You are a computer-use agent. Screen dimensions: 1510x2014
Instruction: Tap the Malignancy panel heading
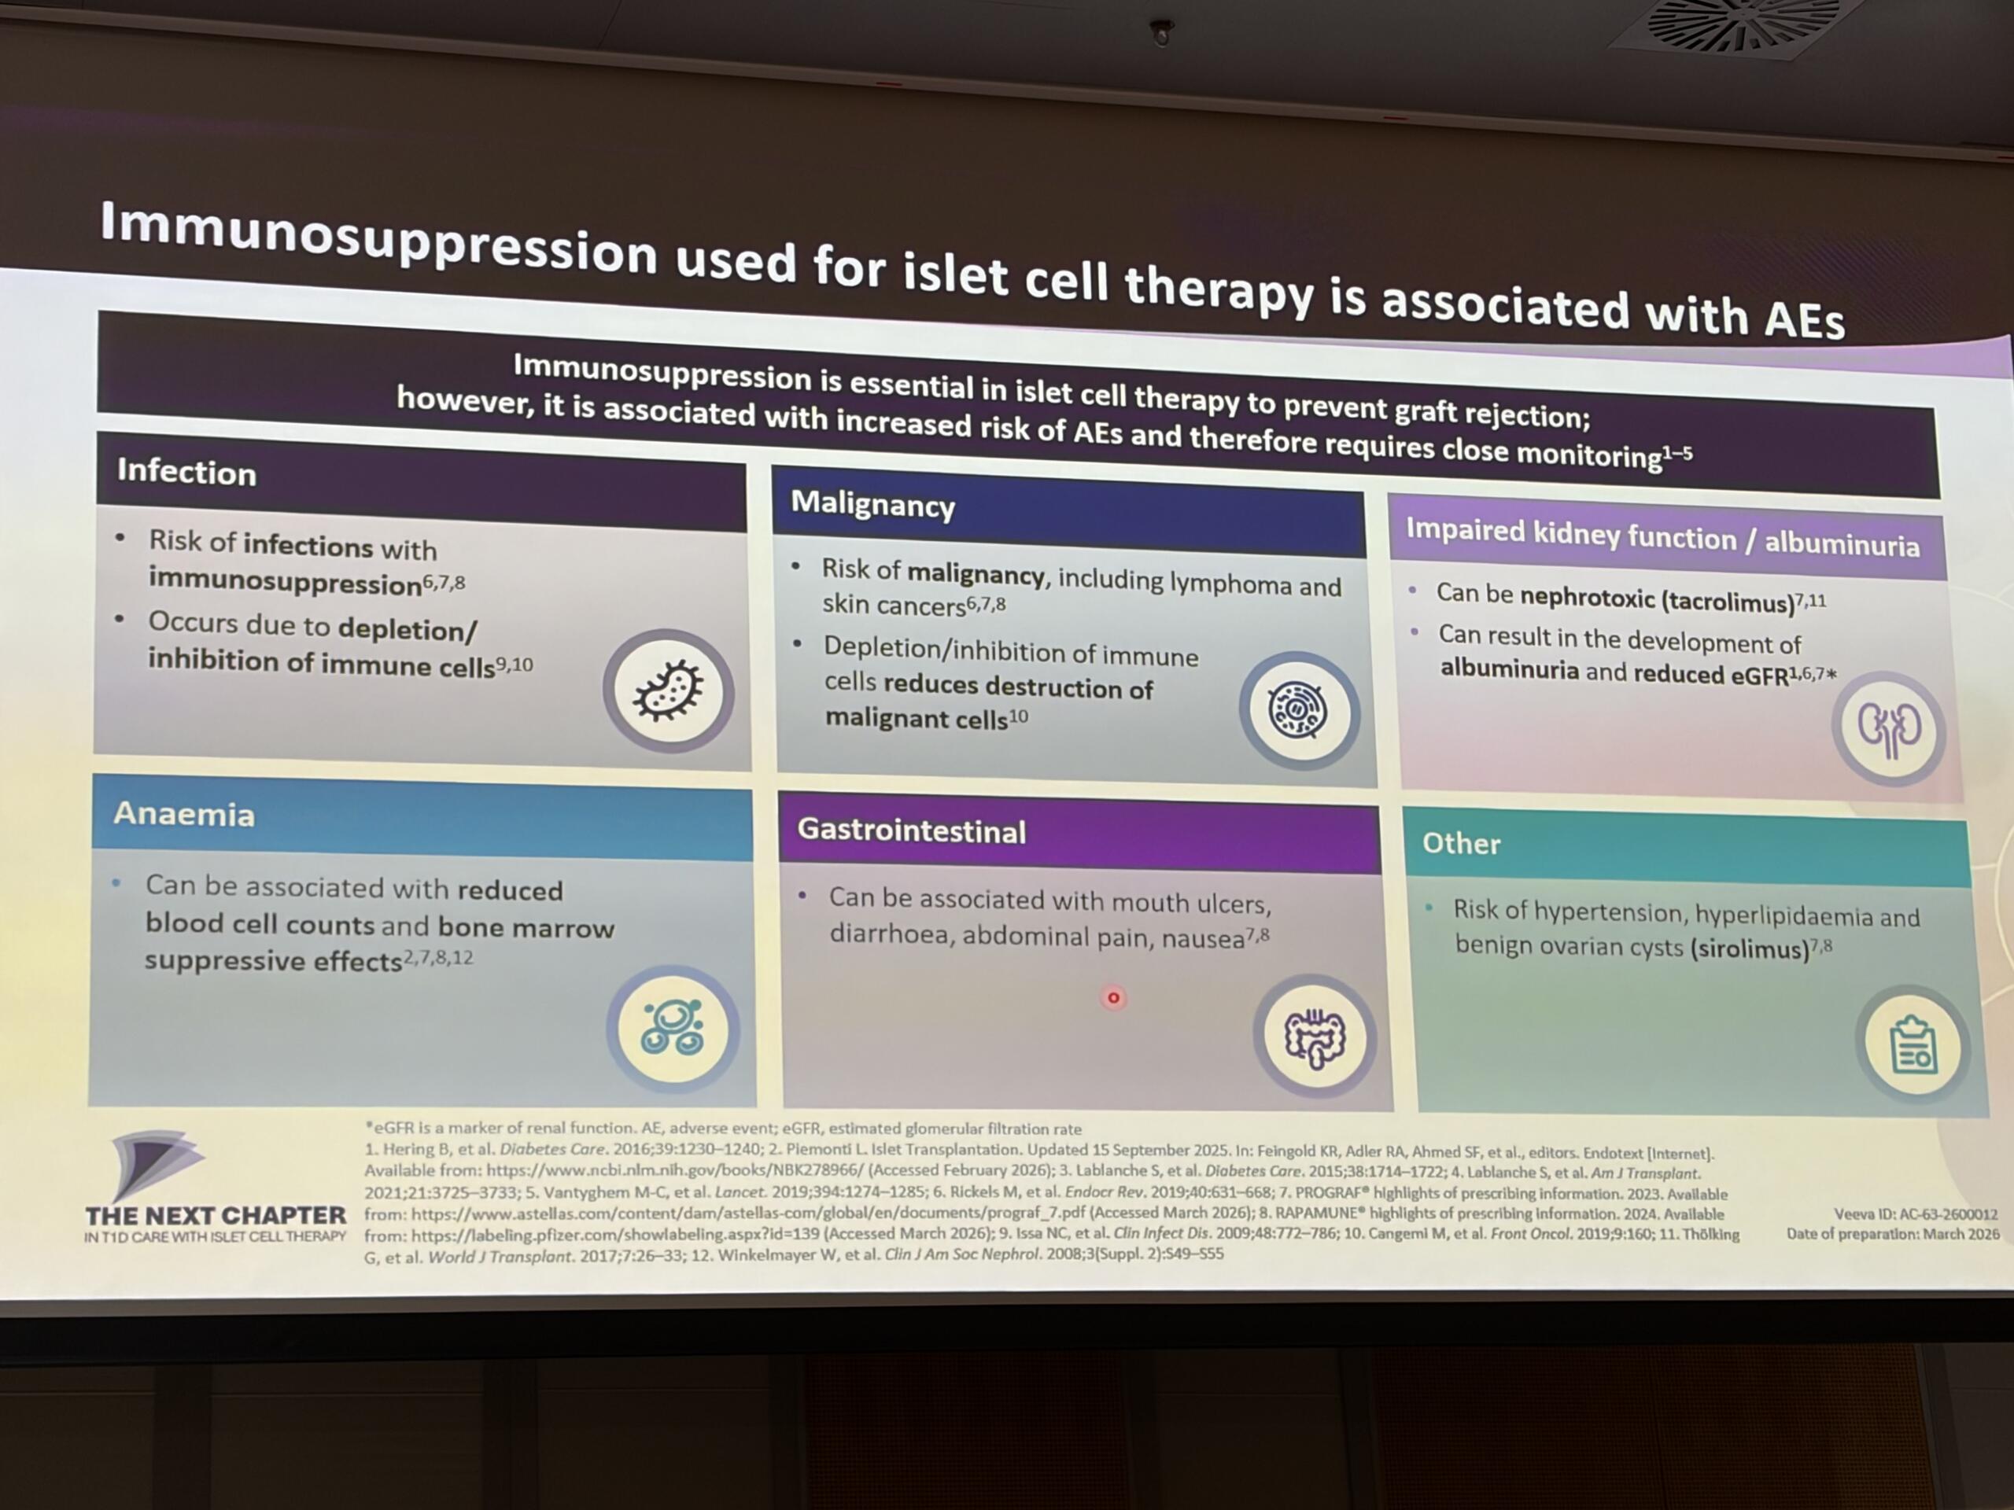coord(872,504)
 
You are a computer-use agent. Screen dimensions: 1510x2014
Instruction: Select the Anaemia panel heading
coord(184,814)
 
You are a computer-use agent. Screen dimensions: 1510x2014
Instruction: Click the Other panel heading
coord(1460,844)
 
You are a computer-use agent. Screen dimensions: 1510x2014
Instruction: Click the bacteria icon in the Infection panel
coord(668,691)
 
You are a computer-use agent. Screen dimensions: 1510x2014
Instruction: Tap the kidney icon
coord(1888,728)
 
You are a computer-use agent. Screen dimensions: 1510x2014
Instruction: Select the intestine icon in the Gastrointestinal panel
coord(1314,1037)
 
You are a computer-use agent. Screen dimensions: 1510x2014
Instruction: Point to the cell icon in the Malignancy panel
coord(1298,711)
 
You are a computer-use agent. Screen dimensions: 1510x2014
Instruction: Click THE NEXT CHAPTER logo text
coord(216,1215)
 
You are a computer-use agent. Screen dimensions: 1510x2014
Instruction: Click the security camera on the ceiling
coord(1162,34)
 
